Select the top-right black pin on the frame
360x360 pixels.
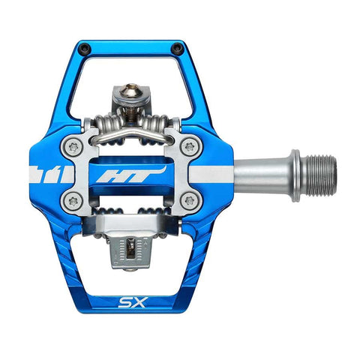pyautogui.click(x=176, y=49)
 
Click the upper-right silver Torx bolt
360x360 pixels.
pyautogui.click(x=190, y=148)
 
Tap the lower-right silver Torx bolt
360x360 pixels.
pyautogui.click(x=190, y=200)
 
